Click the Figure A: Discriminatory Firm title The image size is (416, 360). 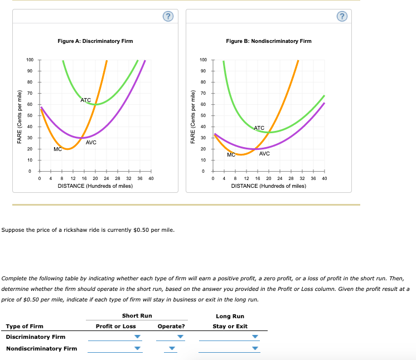95,41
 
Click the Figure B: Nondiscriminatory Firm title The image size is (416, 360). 269,41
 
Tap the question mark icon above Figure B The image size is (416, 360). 341,16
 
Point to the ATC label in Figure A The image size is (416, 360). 85,100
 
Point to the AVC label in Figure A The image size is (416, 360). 91,143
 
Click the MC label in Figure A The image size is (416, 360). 57,149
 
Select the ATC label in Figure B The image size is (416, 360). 259,128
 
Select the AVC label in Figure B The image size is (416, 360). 264,153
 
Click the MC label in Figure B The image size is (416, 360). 231,155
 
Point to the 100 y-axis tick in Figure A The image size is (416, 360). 30,60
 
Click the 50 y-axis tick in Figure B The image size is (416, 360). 204,115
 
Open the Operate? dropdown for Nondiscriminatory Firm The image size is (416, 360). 172,349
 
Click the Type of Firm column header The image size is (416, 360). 25,326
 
